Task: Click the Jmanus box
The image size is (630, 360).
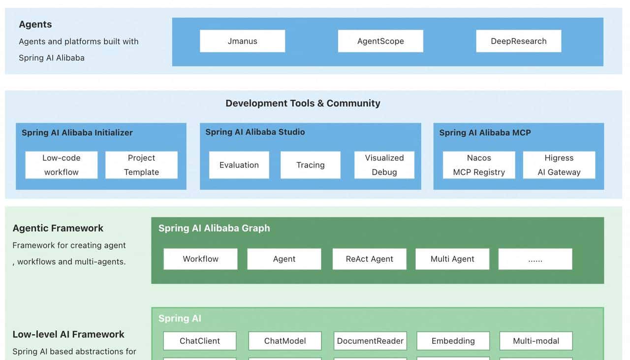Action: (x=242, y=41)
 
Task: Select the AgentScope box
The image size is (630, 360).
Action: (x=380, y=41)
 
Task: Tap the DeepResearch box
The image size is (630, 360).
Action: (x=518, y=41)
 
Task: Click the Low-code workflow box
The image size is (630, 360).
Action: (x=62, y=165)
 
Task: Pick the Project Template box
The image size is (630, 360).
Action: (x=141, y=165)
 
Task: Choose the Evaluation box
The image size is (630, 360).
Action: (x=239, y=165)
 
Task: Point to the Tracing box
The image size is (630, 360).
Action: (x=310, y=165)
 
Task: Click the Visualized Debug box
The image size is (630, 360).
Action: (x=384, y=165)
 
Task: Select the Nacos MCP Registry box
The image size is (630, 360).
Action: (x=479, y=165)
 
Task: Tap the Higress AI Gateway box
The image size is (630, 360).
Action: (x=559, y=165)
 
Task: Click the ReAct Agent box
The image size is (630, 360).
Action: (x=369, y=259)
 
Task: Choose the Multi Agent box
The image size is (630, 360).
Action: (x=452, y=259)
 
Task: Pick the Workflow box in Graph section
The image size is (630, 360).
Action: (x=200, y=259)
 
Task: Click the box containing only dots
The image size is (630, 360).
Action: (x=535, y=259)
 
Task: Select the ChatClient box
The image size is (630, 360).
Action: (x=200, y=341)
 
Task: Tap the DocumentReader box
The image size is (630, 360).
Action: (x=370, y=341)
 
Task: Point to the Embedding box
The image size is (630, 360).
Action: (x=453, y=341)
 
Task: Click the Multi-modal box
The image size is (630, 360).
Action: (x=536, y=341)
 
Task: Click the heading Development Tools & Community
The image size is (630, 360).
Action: (x=303, y=103)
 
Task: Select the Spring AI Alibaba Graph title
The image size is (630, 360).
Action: (x=214, y=228)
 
